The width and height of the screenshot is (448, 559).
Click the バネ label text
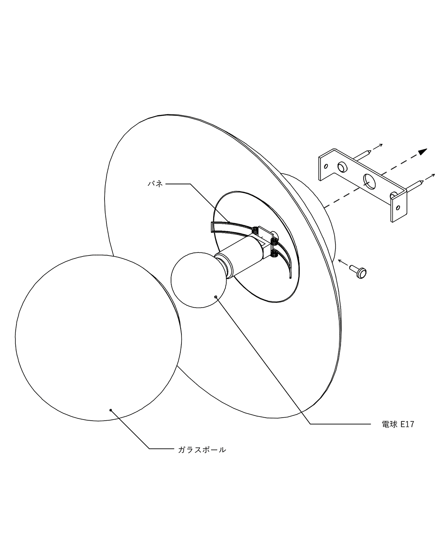155,184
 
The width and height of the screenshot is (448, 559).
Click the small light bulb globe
198,280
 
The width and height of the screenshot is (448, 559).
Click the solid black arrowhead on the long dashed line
423,151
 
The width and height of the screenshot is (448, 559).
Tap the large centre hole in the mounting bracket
370,181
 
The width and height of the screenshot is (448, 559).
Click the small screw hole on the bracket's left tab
326,166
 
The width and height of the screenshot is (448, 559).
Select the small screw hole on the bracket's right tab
398,208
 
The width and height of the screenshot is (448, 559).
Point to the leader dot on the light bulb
215,296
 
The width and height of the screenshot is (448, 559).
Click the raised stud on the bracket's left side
342,167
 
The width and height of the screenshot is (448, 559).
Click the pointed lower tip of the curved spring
290,278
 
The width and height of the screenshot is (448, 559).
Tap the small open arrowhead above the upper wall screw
381,145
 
